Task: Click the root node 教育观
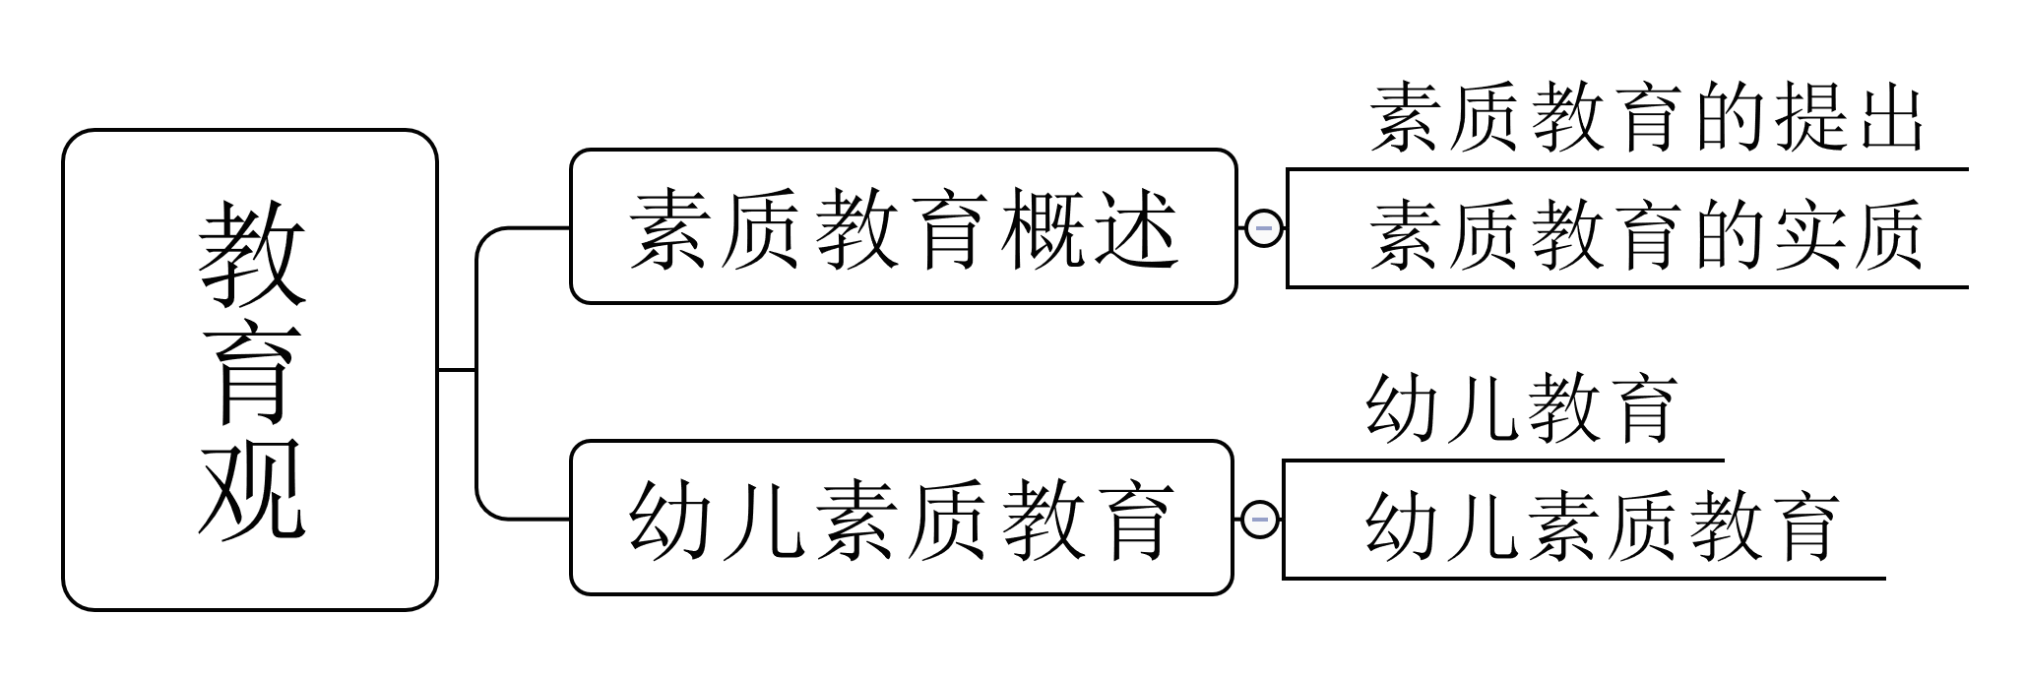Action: [249, 369]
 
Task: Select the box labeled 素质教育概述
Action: [903, 227]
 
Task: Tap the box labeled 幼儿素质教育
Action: [901, 518]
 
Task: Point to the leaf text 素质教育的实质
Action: [1646, 235]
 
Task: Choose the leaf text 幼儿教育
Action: [1521, 407]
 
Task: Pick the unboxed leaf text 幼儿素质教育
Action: [1602, 525]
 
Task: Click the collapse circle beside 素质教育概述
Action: [1264, 228]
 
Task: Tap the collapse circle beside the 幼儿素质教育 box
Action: [1260, 519]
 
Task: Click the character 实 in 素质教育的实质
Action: [1806, 235]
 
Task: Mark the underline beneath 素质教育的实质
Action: [1626, 287]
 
